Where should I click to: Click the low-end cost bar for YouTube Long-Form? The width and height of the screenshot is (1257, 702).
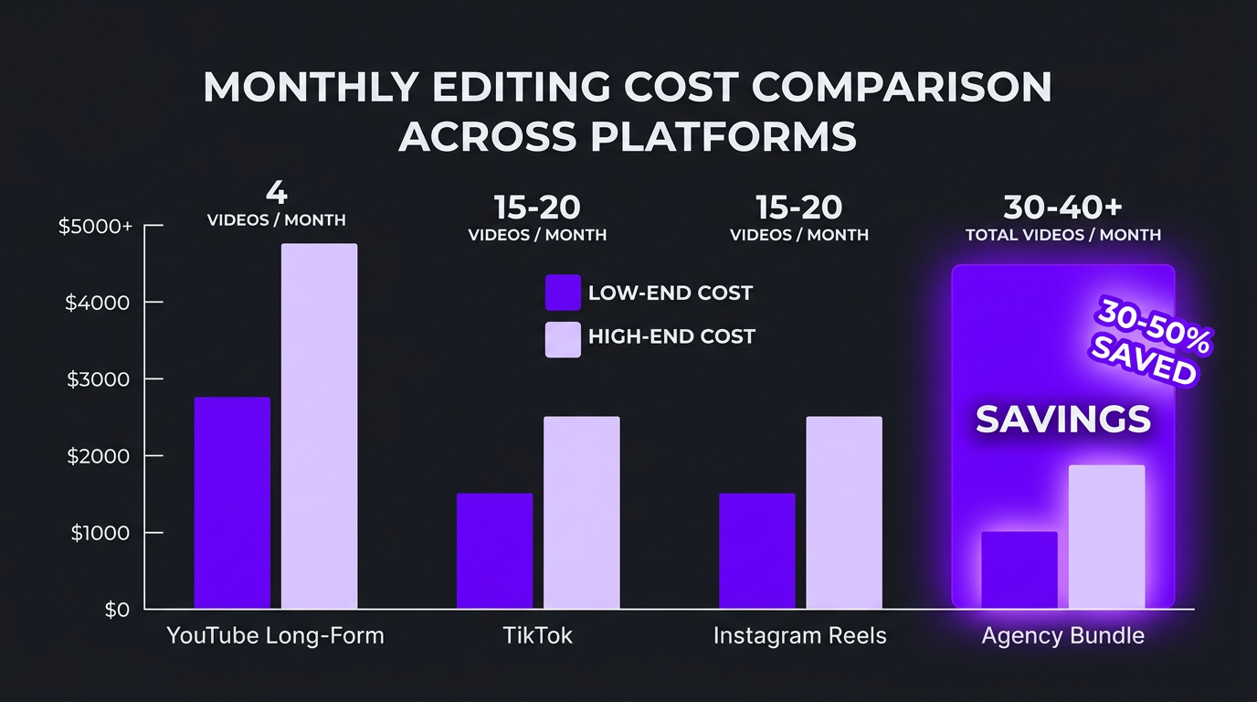(232, 503)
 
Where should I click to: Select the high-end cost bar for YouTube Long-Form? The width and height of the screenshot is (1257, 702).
(319, 426)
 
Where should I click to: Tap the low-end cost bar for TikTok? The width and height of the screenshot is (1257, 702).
(494, 551)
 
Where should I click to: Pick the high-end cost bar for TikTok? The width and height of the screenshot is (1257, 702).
(582, 513)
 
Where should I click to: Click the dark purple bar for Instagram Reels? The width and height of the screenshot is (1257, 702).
(756, 551)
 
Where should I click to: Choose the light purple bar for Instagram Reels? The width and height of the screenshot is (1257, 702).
(844, 513)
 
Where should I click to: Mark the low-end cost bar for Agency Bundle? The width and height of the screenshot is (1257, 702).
(1019, 570)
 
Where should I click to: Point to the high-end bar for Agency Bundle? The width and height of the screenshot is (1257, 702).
(1106, 537)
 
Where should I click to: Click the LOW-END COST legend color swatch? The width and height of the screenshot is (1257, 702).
(563, 293)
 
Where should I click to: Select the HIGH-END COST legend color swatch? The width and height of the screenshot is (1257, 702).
(563, 339)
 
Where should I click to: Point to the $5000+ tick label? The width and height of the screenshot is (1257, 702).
(95, 227)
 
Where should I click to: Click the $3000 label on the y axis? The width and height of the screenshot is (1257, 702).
(99, 379)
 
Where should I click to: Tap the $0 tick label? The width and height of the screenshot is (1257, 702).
(117, 610)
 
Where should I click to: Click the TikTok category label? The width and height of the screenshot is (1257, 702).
(537, 636)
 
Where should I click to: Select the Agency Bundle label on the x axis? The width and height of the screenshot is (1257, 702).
(1062, 636)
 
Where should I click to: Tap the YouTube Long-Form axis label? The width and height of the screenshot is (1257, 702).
(275, 636)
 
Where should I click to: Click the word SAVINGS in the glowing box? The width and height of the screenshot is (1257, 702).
(1062, 420)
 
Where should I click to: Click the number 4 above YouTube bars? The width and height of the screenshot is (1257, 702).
(276, 194)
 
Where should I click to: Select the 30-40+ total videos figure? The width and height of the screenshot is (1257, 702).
(1062, 208)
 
